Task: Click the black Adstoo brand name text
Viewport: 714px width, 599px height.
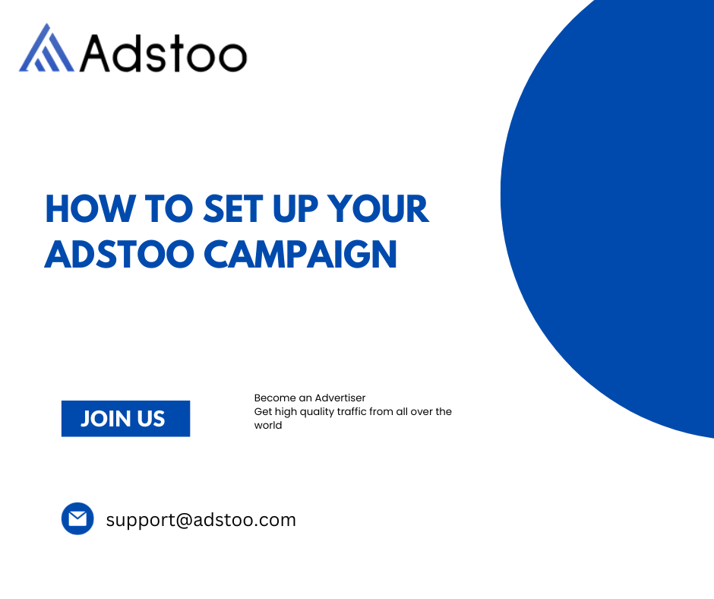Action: [163, 54]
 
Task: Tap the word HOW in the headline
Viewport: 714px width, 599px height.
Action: [90, 209]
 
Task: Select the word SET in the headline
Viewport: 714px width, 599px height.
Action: [233, 209]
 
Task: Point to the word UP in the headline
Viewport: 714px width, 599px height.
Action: [295, 209]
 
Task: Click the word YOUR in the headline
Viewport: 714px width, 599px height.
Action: [378, 209]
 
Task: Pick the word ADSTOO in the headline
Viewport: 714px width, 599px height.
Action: [119, 254]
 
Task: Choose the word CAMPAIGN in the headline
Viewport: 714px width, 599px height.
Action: [301, 254]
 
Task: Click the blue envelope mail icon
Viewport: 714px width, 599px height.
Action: [77, 518]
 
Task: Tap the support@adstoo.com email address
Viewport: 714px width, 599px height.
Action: [201, 520]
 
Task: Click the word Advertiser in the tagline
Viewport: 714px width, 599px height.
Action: [340, 398]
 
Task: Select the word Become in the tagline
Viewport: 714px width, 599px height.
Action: [275, 398]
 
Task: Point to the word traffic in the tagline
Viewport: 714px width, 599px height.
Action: [352, 411]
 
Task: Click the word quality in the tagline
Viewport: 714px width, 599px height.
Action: [317, 412]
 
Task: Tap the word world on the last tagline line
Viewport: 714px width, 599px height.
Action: [267, 425]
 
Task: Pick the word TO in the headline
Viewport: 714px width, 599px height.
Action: [169, 209]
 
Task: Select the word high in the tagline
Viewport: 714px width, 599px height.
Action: [286, 412]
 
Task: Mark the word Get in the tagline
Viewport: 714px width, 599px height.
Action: [263, 411]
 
